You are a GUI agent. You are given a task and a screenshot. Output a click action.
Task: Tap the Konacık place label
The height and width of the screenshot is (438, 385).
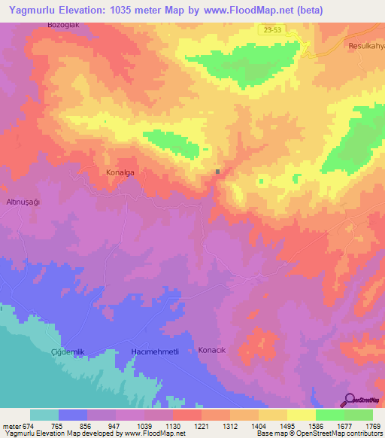211,350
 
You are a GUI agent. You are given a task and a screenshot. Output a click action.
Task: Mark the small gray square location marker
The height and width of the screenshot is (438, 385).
218,172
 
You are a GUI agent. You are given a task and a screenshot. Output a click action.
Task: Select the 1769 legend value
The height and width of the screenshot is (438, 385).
371,425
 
